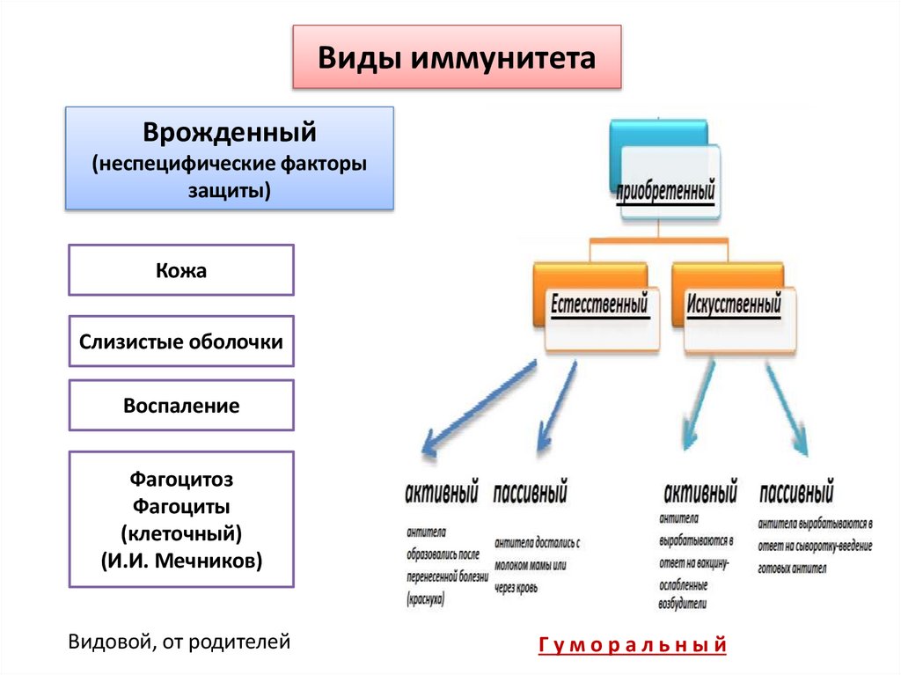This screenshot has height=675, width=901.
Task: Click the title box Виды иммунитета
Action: tap(457, 58)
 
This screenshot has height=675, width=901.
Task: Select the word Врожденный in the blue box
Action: tap(230, 134)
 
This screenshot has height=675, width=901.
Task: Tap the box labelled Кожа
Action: tap(181, 270)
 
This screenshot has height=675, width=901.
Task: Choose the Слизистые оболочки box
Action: tap(181, 341)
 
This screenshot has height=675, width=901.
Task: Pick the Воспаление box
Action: tap(181, 406)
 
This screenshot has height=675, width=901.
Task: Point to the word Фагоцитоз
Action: tap(181, 481)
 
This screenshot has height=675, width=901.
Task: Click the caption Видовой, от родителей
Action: tap(179, 642)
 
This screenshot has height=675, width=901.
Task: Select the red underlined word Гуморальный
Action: tap(632, 646)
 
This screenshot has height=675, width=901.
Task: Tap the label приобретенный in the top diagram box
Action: tap(665, 190)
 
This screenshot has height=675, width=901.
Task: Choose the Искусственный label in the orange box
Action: tap(735, 305)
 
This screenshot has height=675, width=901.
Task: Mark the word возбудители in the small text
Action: tap(682, 605)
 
